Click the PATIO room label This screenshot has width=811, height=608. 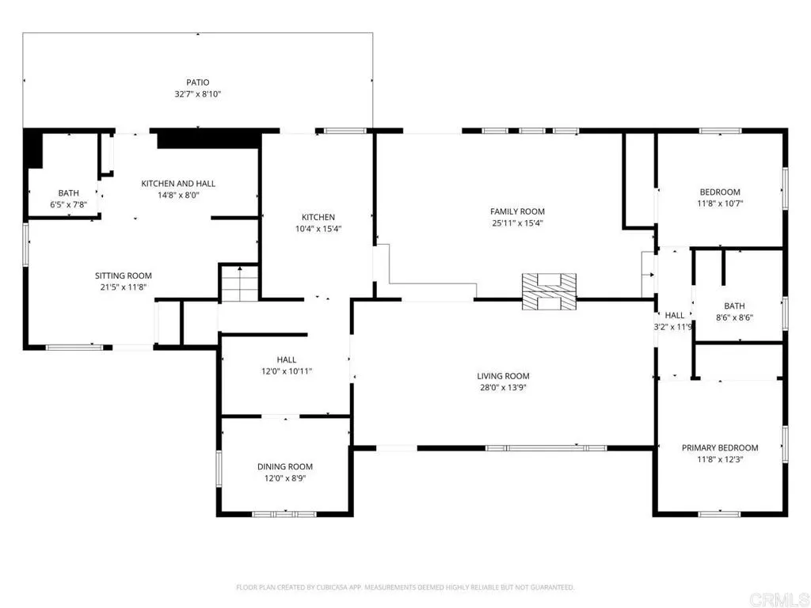coord(197,82)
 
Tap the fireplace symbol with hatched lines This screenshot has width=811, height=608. coord(549,291)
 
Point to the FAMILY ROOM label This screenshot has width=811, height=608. coord(517,211)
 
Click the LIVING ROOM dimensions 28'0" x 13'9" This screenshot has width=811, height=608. coord(503,388)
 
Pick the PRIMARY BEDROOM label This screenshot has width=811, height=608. coord(720,448)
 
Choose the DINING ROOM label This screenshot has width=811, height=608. coord(285,467)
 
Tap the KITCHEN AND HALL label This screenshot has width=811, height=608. coord(178,184)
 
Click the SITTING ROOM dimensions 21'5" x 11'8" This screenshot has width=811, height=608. coord(124,287)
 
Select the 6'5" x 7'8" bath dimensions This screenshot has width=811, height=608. coord(68,205)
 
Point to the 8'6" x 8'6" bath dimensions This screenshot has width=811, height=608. coord(734,318)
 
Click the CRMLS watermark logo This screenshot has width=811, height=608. coord(779,599)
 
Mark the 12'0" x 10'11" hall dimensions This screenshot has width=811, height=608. coord(287,371)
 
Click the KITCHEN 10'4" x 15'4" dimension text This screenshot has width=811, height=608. coord(318,229)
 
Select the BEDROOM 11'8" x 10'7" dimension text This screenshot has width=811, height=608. coord(720,203)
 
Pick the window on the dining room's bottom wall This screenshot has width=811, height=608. coord(284,514)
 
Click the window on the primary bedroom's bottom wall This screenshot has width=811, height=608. coord(719,514)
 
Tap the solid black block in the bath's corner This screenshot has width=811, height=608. coord(34,148)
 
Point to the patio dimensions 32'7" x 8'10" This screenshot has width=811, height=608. coord(197,94)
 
